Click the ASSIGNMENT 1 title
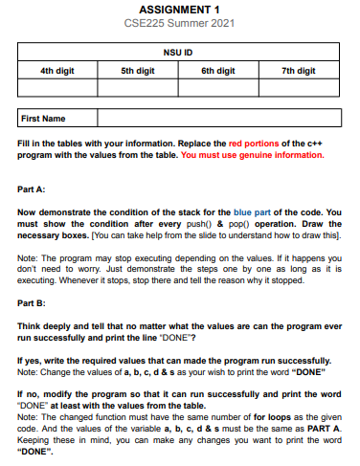(x=180, y=10)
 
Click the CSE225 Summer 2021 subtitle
(x=180, y=22)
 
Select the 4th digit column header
(x=57, y=71)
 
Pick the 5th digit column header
(x=138, y=71)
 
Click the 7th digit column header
(x=300, y=71)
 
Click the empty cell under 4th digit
(x=57, y=88)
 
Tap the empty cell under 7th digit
(x=300, y=88)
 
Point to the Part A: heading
(x=33, y=188)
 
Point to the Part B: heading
(x=33, y=303)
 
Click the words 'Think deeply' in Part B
(x=43, y=326)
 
